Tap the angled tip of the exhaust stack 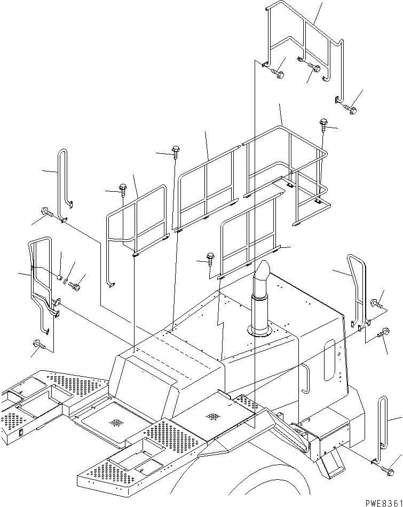[x=263, y=270]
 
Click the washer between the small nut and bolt [x=66, y=282]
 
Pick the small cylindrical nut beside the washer [x=60, y=277]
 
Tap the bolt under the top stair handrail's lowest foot [x=350, y=109]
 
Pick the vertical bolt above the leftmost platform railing [x=123, y=188]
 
